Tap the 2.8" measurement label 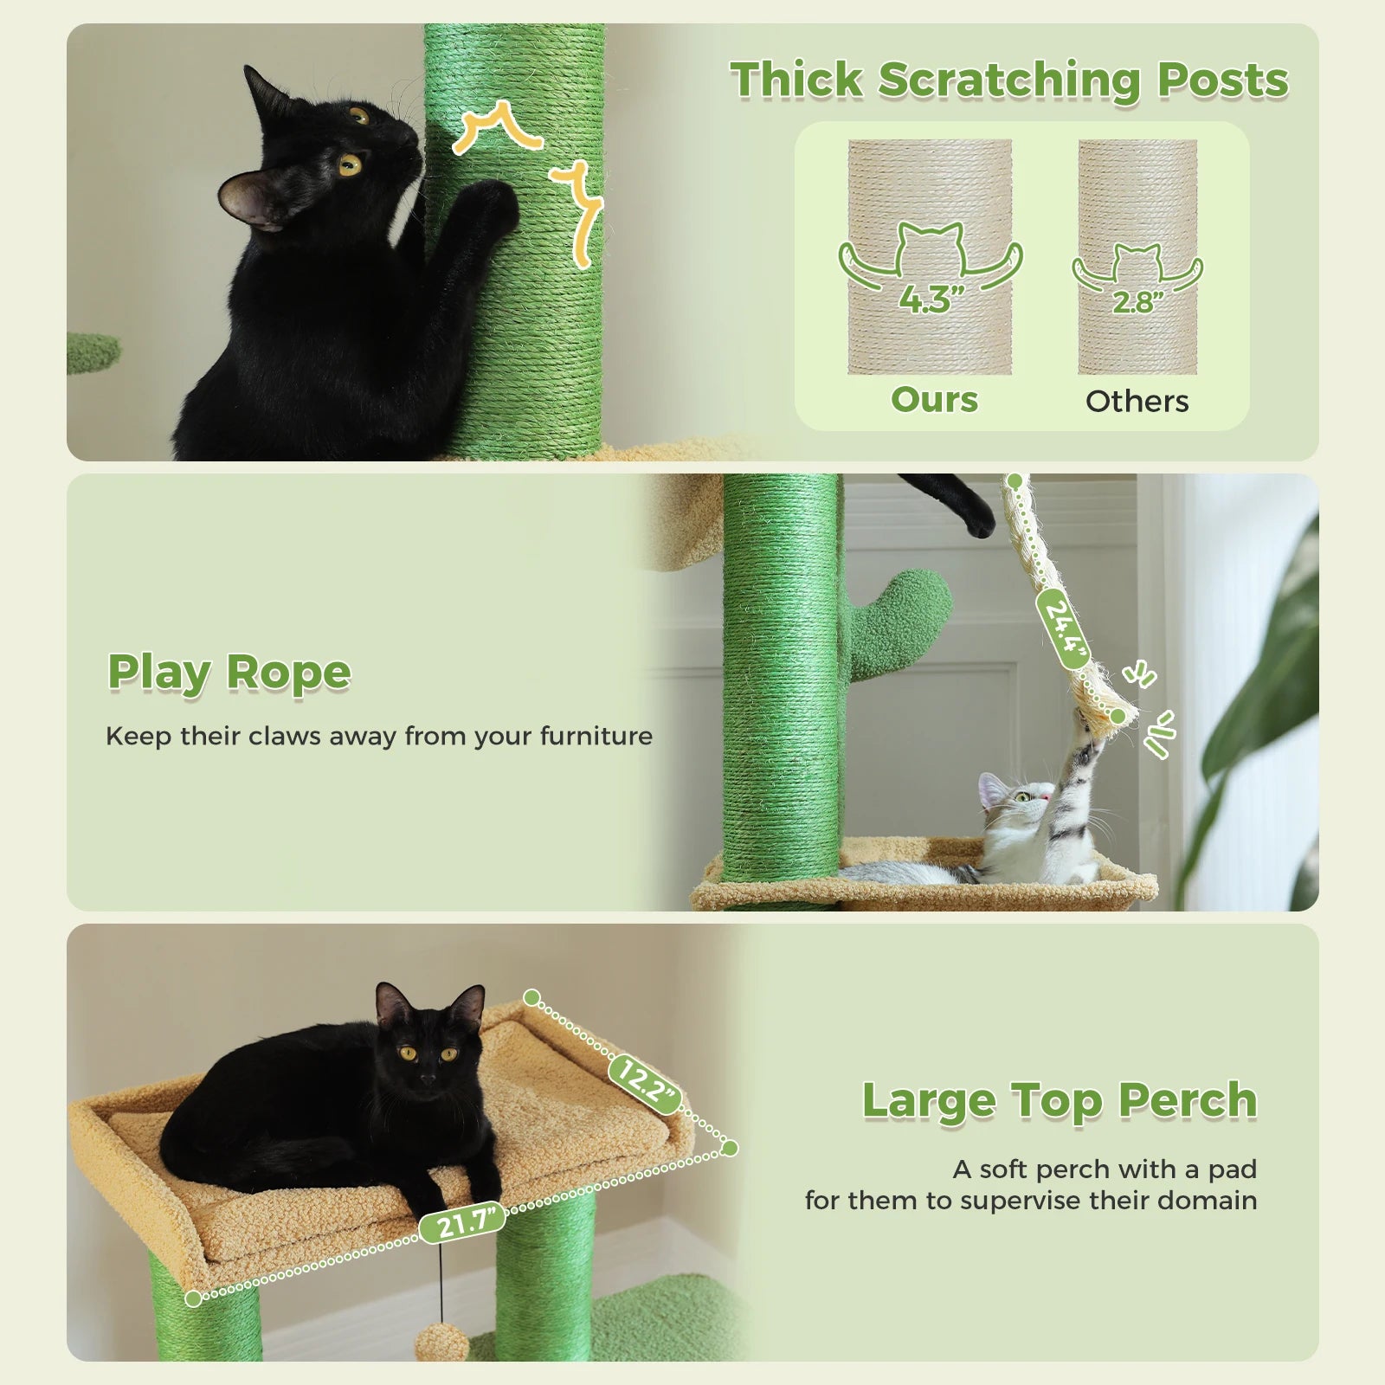click(x=1137, y=301)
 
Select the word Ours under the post click(x=934, y=400)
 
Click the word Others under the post click(x=1137, y=402)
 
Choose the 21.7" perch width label click(x=462, y=1222)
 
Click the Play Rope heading click(x=229, y=673)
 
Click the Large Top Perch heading click(x=1059, y=1100)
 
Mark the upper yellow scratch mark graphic click(x=497, y=126)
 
